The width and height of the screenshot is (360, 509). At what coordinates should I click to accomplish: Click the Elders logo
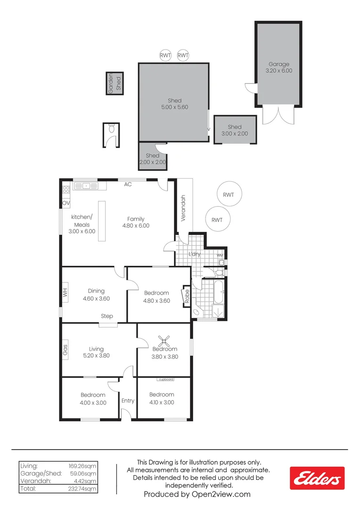[317, 478]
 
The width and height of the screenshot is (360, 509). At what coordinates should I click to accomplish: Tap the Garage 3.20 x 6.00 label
[279, 67]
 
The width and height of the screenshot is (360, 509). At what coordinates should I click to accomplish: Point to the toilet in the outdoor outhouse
[112, 128]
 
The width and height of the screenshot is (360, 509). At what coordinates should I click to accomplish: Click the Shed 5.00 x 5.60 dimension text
[174, 107]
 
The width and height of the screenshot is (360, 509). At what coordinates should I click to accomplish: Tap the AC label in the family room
[128, 184]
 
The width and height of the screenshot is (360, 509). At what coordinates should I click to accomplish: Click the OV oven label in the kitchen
[66, 203]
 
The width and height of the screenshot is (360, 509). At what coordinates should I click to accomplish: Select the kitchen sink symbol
[86, 186]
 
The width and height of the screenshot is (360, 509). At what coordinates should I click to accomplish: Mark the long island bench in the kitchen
[101, 221]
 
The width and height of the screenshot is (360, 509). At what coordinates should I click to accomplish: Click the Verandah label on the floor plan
[184, 208]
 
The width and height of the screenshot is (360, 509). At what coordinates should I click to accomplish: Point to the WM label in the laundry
[220, 255]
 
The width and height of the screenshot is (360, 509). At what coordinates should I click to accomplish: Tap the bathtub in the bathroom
[218, 291]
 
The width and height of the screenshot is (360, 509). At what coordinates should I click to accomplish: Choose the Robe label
[187, 296]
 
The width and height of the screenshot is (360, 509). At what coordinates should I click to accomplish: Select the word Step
[106, 316]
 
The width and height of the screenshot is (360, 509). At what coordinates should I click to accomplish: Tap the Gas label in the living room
[65, 349]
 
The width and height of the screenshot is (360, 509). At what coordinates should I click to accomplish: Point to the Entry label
[128, 401]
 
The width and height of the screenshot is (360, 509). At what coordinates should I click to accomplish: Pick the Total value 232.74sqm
[86, 489]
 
